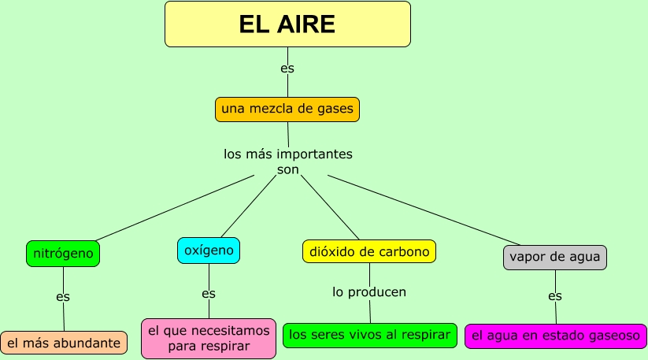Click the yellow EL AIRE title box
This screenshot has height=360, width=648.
[x=287, y=24]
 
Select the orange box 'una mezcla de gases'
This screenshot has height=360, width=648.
[x=287, y=109]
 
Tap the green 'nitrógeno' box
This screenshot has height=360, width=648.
[x=63, y=254]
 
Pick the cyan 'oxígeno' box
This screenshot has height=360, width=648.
[x=209, y=251]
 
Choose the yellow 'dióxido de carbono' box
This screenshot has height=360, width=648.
[x=369, y=252]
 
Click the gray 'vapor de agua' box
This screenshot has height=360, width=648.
[x=555, y=257]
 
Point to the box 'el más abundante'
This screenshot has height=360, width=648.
[x=64, y=343]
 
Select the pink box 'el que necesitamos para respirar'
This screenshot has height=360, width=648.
[x=209, y=338]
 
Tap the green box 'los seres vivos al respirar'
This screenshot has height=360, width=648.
[x=369, y=335]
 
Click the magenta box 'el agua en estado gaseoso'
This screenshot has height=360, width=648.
[x=555, y=336]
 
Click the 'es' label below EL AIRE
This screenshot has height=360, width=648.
[x=287, y=69]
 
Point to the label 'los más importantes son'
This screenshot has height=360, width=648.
[x=288, y=161]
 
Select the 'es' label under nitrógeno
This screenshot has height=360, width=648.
[x=63, y=297]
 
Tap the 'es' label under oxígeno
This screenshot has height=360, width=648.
[x=209, y=294]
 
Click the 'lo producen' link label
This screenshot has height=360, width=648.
[x=369, y=292]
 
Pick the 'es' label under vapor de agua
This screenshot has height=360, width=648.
[x=555, y=296]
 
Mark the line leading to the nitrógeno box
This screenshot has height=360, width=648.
[x=173, y=206]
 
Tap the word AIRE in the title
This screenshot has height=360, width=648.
[x=304, y=24]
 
